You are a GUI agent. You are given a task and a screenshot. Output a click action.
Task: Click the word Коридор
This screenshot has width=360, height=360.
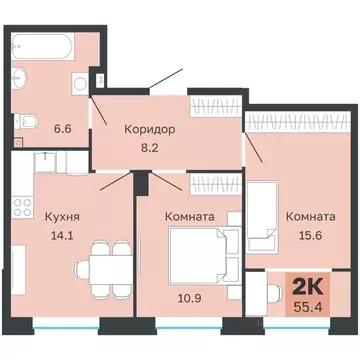[x=150, y=128]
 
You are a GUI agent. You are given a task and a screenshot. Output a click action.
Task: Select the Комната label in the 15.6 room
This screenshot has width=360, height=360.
[x=309, y=216]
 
